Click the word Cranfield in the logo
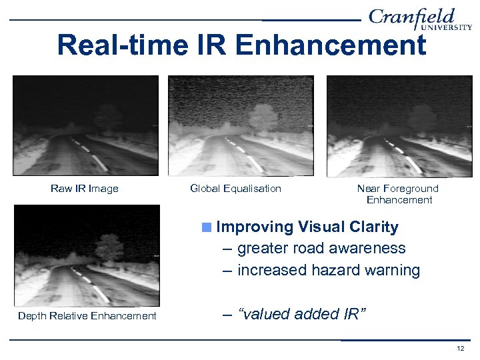tap(411, 17)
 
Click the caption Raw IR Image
tap(85, 189)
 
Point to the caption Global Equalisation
tap(235, 189)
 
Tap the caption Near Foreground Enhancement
tap(398, 194)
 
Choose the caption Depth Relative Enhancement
tap(87, 316)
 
